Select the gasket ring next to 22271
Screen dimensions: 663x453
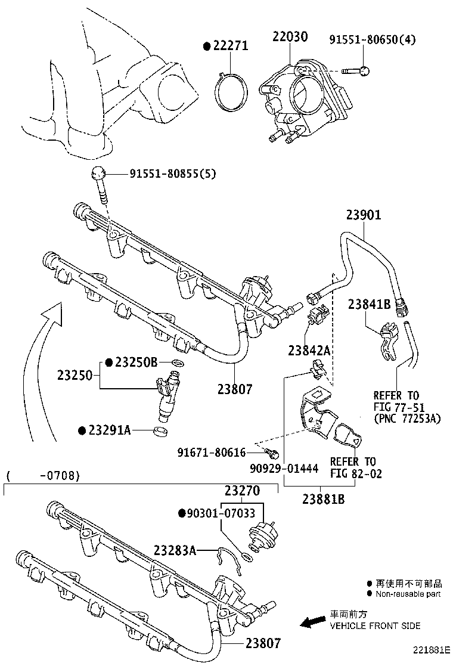[x=232, y=92]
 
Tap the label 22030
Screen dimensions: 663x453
[x=290, y=37]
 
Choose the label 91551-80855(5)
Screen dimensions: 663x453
[x=173, y=174]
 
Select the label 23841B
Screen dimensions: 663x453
[x=369, y=305]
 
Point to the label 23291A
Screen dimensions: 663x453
[x=110, y=430]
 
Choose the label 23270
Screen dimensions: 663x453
[x=243, y=491]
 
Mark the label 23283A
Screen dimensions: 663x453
[x=175, y=550]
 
